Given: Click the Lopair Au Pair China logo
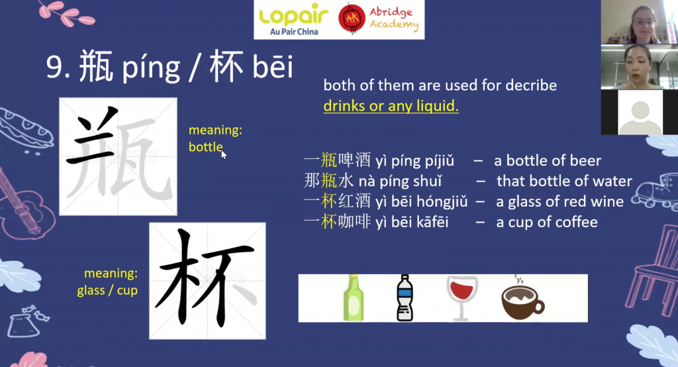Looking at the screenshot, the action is click(x=293, y=20).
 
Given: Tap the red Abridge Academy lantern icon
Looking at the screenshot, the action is click(x=352, y=19).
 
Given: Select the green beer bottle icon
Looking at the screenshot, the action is click(x=354, y=297).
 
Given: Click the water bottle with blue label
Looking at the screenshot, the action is click(x=405, y=297).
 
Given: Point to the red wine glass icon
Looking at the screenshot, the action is click(x=461, y=298).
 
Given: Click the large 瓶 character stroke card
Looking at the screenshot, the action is click(x=118, y=156).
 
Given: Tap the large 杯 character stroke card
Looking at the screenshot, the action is click(x=207, y=281).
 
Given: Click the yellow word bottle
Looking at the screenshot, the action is click(x=205, y=146).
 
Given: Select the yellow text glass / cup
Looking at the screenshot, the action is click(x=107, y=290).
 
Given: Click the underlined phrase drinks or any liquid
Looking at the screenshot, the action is click(x=391, y=106).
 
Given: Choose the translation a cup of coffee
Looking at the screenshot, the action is click(x=547, y=222).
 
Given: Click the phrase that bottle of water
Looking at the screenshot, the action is click(x=564, y=181).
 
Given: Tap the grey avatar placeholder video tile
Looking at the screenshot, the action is click(x=640, y=112).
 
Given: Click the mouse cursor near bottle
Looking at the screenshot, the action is click(x=224, y=154).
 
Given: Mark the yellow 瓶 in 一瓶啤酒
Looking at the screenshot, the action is click(x=328, y=160).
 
